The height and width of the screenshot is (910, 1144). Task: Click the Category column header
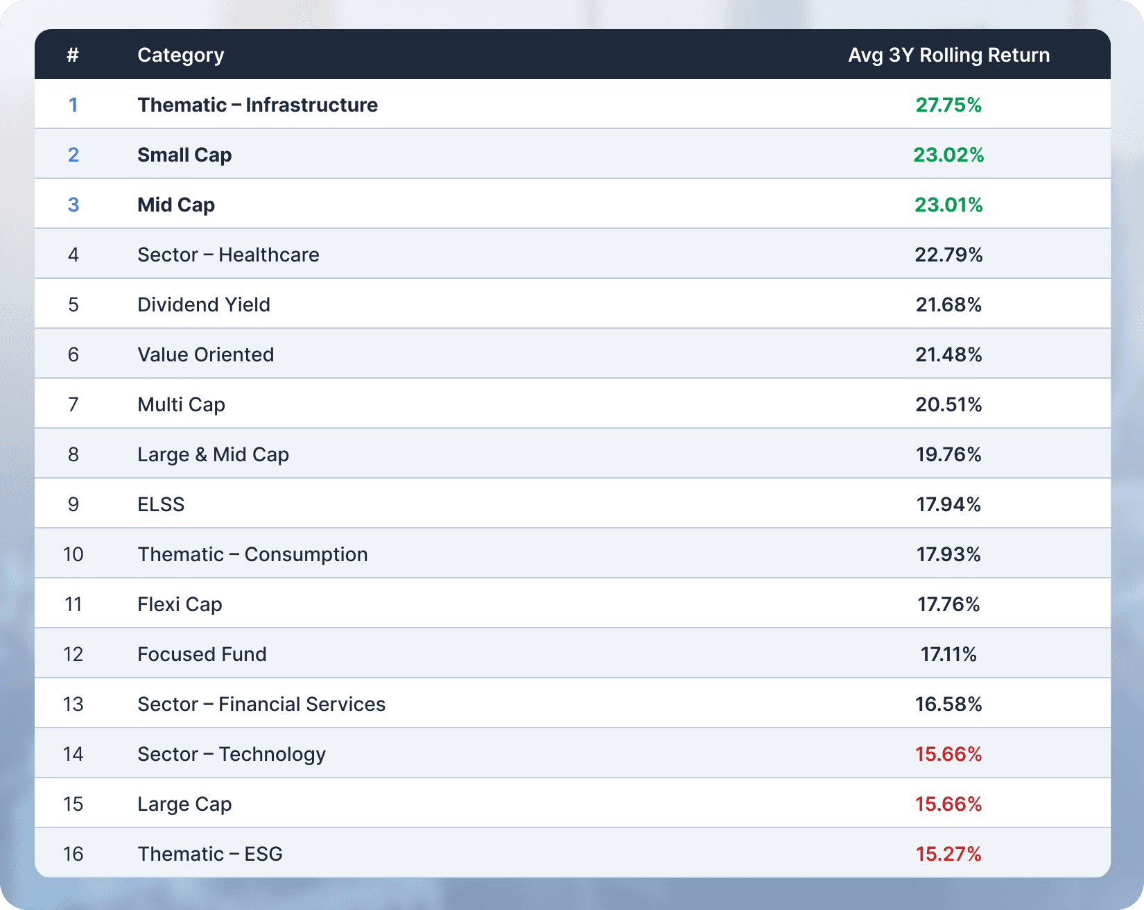[x=180, y=55]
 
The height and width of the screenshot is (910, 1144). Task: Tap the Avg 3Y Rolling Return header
[x=948, y=55]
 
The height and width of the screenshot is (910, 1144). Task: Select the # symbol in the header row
[x=73, y=55]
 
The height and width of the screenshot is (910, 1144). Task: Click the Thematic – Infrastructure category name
[x=257, y=105]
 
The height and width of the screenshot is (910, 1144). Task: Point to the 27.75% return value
[x=948, y=105]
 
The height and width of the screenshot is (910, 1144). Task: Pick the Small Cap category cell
[x=184, y=155]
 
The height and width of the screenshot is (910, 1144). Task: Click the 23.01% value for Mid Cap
[x=948, y=205]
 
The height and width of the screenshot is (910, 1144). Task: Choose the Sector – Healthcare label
[x=228, y=255]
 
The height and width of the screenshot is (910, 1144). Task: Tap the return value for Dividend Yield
[x=948, y=304]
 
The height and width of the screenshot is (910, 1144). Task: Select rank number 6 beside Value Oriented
[x=73, y=354]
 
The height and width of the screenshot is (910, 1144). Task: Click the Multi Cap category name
[x=181, y=404]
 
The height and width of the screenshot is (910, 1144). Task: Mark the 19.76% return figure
[x=948, y=454]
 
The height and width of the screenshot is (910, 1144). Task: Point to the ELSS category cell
[x=161, y=504]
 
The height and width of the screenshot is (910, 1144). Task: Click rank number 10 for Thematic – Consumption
[x=73, y=554]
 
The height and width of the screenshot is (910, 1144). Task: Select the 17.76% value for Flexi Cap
[x=948, y=604]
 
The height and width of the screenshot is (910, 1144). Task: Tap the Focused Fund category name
[x=202, y=654]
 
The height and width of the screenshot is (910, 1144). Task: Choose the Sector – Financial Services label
[x=261, y=704]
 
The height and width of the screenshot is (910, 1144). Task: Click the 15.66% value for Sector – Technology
[x=948, y=754]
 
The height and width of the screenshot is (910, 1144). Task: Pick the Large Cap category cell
[x=184, y=804]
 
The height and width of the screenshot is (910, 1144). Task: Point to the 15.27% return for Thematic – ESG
[x=948, y=854]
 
